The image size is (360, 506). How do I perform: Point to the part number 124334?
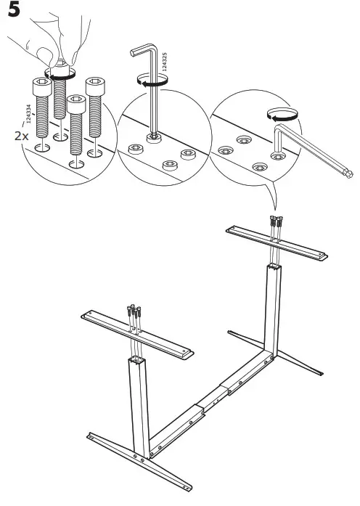(28, 118)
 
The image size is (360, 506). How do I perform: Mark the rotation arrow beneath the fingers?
(60, 73)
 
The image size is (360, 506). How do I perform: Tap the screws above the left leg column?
(135, 315)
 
